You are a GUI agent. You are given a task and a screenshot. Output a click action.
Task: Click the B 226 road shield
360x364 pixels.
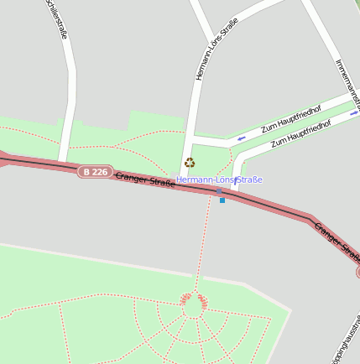pos(95,171)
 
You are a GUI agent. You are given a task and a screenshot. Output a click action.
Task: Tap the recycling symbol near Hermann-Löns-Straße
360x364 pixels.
pos(190,163)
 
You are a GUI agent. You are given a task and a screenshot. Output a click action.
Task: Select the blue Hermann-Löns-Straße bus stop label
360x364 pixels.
pos(219,179)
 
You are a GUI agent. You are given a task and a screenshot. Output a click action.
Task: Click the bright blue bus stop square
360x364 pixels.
pos(222,200)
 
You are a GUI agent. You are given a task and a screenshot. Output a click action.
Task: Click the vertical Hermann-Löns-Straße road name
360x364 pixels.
pos(216,49)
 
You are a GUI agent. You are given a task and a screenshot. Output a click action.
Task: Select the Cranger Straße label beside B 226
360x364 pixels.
pos(144,179)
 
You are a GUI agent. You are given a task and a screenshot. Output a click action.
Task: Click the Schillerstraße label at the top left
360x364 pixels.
pos(55,19)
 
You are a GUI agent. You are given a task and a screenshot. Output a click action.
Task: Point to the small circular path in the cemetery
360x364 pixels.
pos(192,308)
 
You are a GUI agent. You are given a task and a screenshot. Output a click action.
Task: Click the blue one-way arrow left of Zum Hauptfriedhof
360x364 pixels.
pos(242,138)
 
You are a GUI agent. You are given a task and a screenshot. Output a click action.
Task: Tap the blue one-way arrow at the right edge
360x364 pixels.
pos(354,113)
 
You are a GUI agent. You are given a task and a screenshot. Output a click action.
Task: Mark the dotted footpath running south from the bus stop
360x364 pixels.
pos(202,243)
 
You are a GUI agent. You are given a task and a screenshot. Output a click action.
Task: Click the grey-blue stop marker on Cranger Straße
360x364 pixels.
pos(219,192)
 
